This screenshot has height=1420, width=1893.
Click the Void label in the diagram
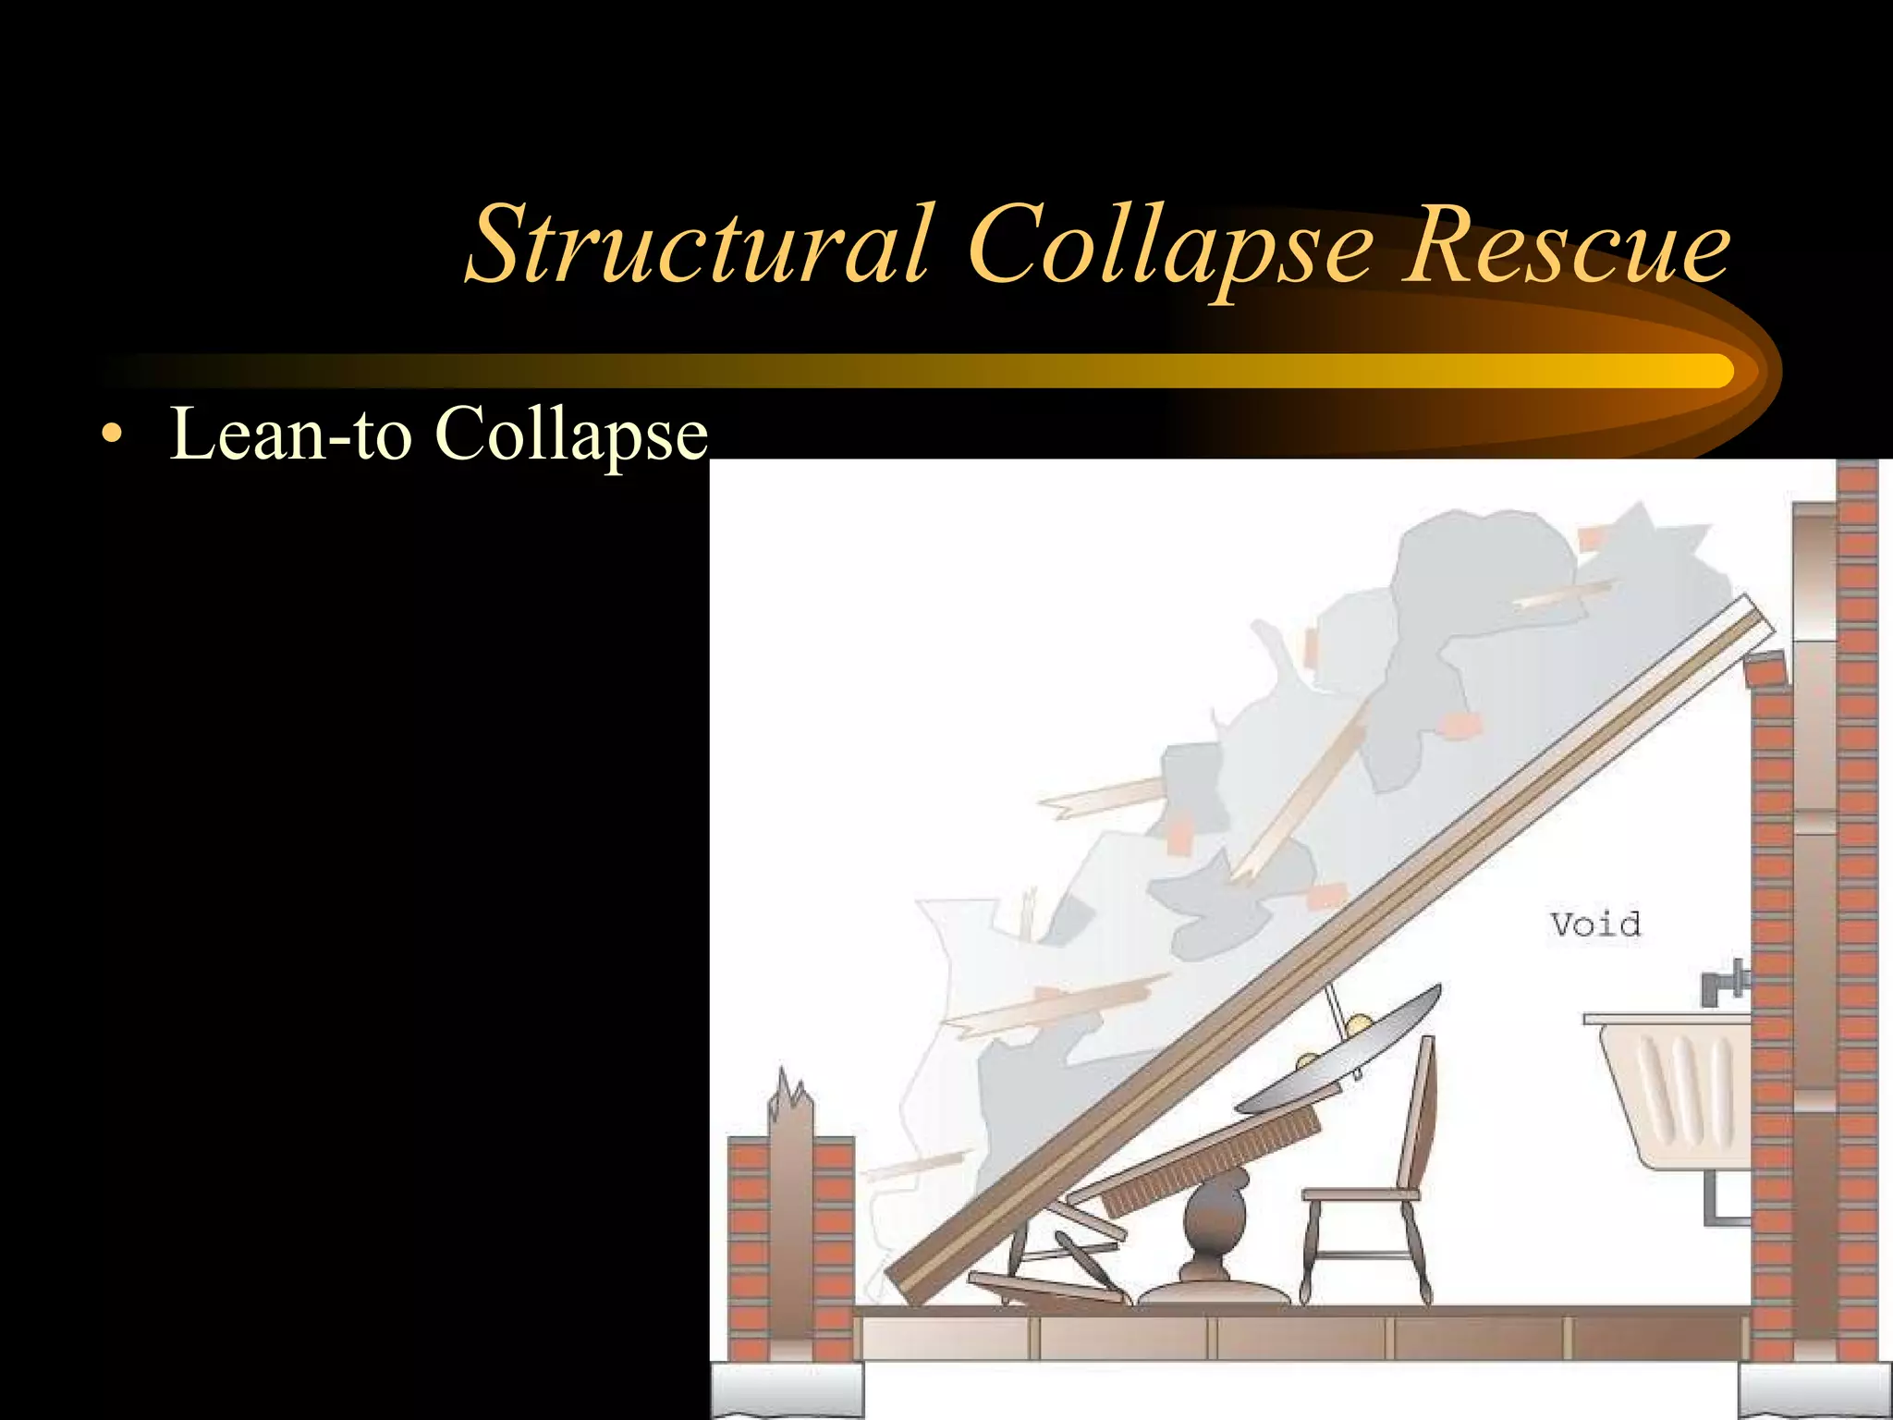click(x=1595, y=924)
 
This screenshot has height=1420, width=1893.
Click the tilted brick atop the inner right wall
click(x=1765, y=669)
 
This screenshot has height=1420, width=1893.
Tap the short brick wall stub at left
click(x=749, y=1248)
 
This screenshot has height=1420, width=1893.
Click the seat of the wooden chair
click(x=1359, y=1194)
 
